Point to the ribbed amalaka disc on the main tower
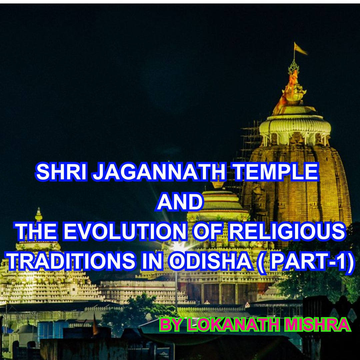(x=295, y=125)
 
